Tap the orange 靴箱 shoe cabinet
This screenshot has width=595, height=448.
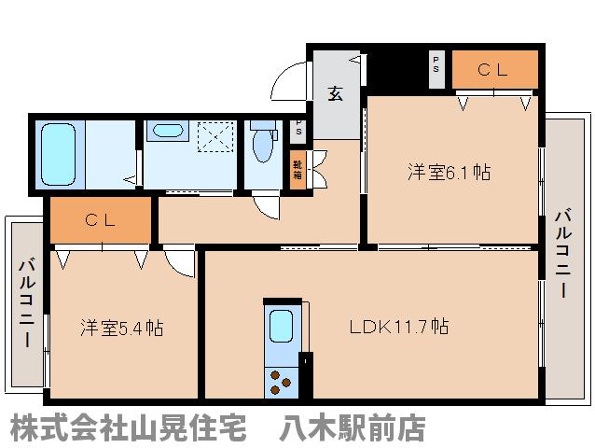pyautogui.click(x=297, y=170)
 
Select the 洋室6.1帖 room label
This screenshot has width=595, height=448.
pyautogui.click(x=449, y=173)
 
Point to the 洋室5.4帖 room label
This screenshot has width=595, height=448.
pyautogui.click(x=121, y=328)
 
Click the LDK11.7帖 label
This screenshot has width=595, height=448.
pyautogui.click(x=399, y=327)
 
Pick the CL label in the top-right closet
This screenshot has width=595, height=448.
pyautogui.click(x=494, y=68)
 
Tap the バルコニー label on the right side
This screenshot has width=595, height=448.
pyautogui.click(x=562, y=253)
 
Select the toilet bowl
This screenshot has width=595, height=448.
pyautogui.click(x=261, y=147)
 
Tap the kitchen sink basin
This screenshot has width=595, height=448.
pyautogui.click(x=280, y=327)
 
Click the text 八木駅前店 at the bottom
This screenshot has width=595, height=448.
pyautogui.click(x=353, y=428)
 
